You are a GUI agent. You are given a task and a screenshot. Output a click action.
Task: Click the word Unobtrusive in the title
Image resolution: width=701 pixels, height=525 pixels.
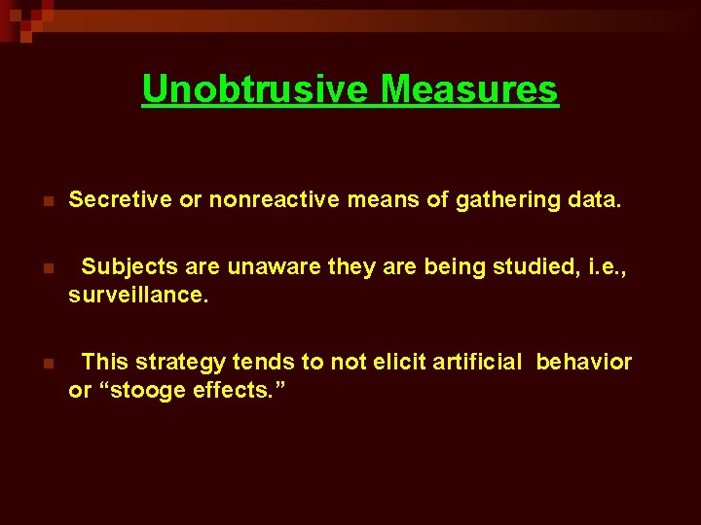tap(256, 89)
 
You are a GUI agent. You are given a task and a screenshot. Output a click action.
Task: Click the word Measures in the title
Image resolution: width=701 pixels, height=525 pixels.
tap(469, 89)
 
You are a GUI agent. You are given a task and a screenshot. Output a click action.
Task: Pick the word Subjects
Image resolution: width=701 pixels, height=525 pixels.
tap(128, 266)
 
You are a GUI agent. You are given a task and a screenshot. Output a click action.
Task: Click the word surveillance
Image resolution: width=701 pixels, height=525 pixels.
tap(138, 295)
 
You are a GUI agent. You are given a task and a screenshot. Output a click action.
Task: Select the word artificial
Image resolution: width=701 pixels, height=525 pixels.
tap(470, 363)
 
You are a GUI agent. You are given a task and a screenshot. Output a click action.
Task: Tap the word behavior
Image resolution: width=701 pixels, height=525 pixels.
tap(583, 363)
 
